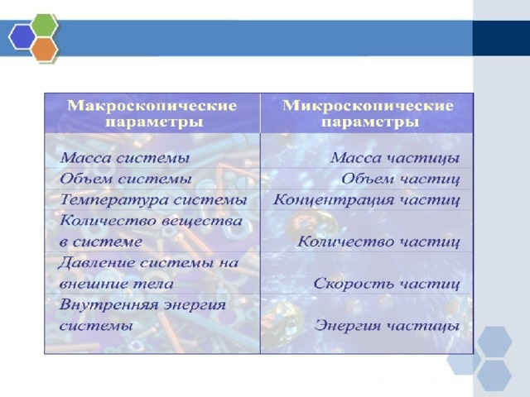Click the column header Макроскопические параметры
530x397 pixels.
pyautogui.click(x=152, y=113)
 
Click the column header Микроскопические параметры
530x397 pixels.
pyautogui.click(x=368, y=113)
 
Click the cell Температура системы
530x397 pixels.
pyautogui.click(x=153, y=200)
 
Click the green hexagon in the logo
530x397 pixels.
pyautogui.click(x=44, y=25)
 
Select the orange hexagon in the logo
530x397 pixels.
pyautogui.click(x=44, y=50)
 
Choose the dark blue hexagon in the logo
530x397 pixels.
pyautogui.click(x=22, y=37)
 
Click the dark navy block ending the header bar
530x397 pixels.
pyautogui.click(x=501, y=38)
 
